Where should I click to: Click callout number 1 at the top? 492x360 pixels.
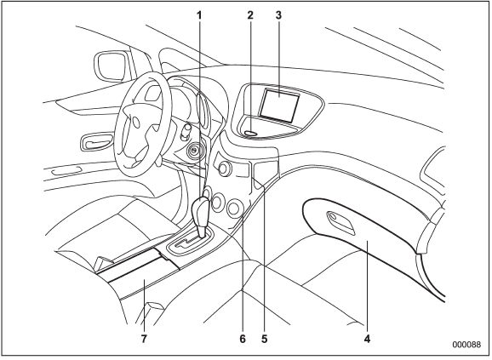(x=199, y=15)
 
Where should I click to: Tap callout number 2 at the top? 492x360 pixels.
(x=249, y=15)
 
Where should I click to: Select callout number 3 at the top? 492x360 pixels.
(x=278, y=15)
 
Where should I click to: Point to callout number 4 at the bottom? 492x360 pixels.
(x=367, y=339)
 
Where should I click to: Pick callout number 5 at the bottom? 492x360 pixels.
(x=264, y=339)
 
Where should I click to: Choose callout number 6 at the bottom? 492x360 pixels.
(x=243, y=339)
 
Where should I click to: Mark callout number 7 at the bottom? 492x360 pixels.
(x=144, y=339)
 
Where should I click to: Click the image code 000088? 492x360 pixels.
(x=466, y=345)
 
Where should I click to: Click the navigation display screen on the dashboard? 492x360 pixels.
(x=278, y=105)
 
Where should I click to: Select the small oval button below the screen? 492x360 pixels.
(x=250, y=133)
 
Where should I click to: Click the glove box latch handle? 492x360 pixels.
(x=340, y=222)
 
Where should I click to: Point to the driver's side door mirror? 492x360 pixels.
(x=111, y=66)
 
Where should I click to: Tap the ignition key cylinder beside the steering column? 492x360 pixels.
(x=193, y=151)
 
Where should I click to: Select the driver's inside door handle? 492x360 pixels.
(x=96, y=142)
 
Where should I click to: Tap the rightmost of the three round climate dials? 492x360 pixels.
(x=234, y=208)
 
